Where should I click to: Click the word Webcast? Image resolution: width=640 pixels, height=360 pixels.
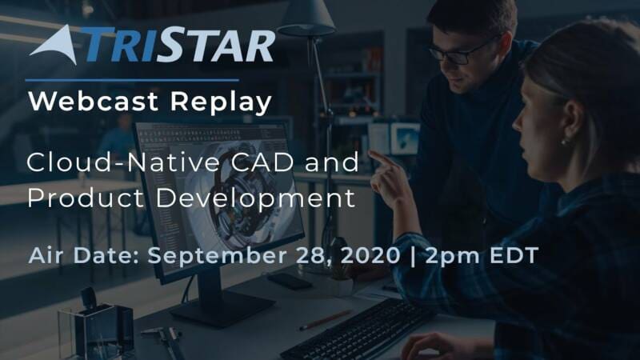[93, 101]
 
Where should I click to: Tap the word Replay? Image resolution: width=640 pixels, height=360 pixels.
[221, 102]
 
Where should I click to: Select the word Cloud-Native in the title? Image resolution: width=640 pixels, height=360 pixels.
[123, 162]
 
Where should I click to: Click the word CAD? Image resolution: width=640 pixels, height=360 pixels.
[262, 162]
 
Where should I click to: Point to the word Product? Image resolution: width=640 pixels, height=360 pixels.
[86, 198]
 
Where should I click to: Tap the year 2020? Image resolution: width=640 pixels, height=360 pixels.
[370, 255]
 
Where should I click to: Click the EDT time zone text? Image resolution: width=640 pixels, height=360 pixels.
[514, 255]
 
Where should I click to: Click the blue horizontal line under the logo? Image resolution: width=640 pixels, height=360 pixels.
[132, 81]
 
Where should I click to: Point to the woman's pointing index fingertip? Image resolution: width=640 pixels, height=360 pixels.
[370, 153]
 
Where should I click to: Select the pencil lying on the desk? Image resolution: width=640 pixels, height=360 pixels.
[326, 320]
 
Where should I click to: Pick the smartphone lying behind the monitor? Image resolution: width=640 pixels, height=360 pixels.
[290, 281]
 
